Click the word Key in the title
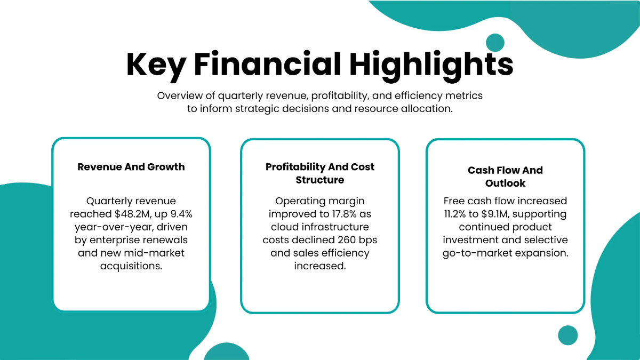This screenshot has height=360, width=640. tap(156, 65)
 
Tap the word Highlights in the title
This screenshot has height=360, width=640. tap(431, 65)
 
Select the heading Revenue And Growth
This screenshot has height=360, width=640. tap(131, 167)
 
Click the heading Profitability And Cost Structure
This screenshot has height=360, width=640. tap(320, 173)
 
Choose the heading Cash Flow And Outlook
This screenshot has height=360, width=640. tap(505, 177)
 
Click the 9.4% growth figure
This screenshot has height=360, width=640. tap(181, 214)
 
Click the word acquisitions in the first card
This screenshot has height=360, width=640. tap(131, 266)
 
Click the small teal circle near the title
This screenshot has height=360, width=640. tap(495, 43)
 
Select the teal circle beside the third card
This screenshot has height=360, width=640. tap(568, 335)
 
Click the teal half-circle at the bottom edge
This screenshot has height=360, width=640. tap(227, 353)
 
